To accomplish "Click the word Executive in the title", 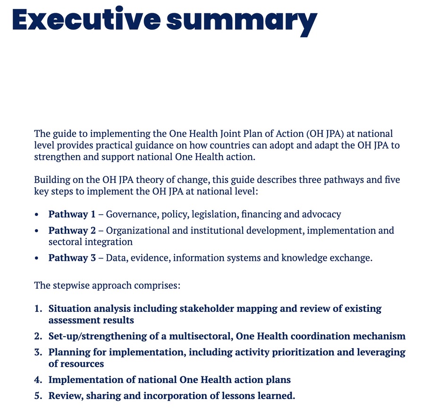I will pos(84,20).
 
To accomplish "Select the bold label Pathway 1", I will pos(72,215).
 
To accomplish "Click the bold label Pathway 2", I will pos(72,231).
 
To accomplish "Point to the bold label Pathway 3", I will pos(72,258).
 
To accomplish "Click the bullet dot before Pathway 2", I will pos(37,231).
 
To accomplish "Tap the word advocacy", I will pos(320,215).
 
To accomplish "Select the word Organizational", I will pos(136,231).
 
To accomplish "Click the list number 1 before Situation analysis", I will pos(38,309).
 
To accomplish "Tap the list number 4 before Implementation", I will pos(38,380).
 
